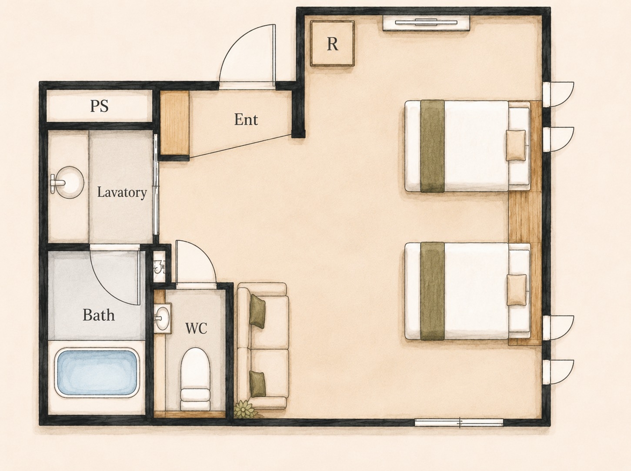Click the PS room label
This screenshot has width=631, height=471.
[x=99, y=106]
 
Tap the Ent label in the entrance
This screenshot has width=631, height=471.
[x=246, y=119]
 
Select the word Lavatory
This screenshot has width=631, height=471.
[x=122, y=192]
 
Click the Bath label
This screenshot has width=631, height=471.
[x=99, y=315]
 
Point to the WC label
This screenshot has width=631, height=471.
[x=196, y=328]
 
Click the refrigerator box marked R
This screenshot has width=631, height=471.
[x=332, y=43]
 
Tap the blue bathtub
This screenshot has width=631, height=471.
[x=97, y=372]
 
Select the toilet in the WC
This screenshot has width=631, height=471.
[x=195, y=379]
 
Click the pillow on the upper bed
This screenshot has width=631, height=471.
[x=516, y=145]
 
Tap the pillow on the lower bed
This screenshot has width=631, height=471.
[x=517, y=290]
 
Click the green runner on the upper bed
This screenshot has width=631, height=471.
[x=432, y=146]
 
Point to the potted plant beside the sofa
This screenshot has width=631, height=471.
[x=245, y=409]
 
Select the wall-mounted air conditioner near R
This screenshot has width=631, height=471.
[x=426, y=23]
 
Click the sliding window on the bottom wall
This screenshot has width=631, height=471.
[x=459, y=422]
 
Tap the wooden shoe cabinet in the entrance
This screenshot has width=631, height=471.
[x=174, y=123]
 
